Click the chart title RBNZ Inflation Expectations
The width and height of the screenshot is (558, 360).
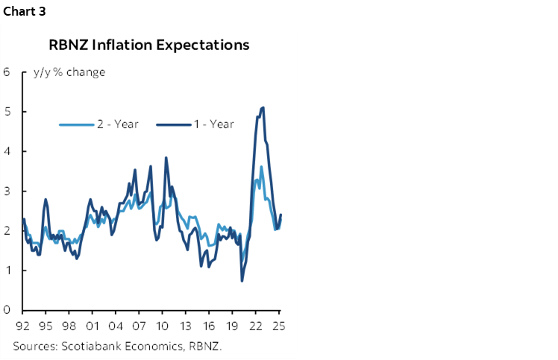[148, 45]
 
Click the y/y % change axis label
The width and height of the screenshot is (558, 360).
[69, 72]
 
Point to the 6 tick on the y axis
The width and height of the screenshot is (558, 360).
[6, 72]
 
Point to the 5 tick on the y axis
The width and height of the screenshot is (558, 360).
[6, 112]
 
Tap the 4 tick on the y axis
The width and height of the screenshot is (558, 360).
[6, 151]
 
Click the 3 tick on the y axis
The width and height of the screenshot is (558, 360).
[6, 191]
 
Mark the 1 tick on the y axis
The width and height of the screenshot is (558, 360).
[6, 270]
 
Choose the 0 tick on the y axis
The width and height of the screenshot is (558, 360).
[6, 309]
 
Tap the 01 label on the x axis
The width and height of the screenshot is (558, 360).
[93, 326]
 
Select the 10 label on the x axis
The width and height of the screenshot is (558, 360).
[163, 326]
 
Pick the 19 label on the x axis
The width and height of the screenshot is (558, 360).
[233, 326]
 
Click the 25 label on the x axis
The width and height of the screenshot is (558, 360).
[279, 326]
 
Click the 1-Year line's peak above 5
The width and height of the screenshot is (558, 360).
[263, 108]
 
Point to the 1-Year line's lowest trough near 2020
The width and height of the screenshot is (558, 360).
[242, 280]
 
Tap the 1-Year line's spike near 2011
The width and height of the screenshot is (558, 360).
[166, 158]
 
